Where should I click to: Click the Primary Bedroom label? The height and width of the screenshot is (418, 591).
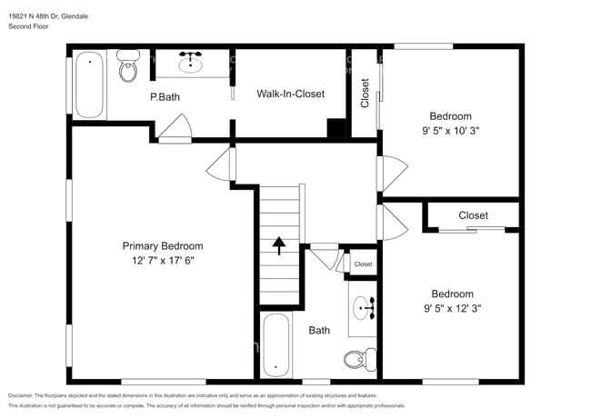pos(163,245)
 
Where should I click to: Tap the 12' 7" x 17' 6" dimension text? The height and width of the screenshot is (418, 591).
pos(163,259)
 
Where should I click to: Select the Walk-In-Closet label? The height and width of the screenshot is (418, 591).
pos(290,94)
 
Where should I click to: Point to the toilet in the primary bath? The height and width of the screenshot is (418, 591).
pos(127,70)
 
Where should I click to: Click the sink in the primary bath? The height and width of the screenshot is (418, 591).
pos(191,63)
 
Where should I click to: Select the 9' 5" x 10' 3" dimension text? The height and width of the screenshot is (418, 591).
pos(451,130)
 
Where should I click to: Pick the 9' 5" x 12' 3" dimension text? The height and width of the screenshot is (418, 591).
pos(452,308)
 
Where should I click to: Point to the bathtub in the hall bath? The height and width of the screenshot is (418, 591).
pos(276,345)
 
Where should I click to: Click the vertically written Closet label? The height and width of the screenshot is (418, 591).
pos(366,93)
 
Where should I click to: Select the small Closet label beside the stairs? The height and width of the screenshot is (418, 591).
pos(363,264)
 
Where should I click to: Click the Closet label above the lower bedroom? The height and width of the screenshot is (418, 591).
pos(473,215)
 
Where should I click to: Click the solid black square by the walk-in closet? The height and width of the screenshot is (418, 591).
pos(337,128)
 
